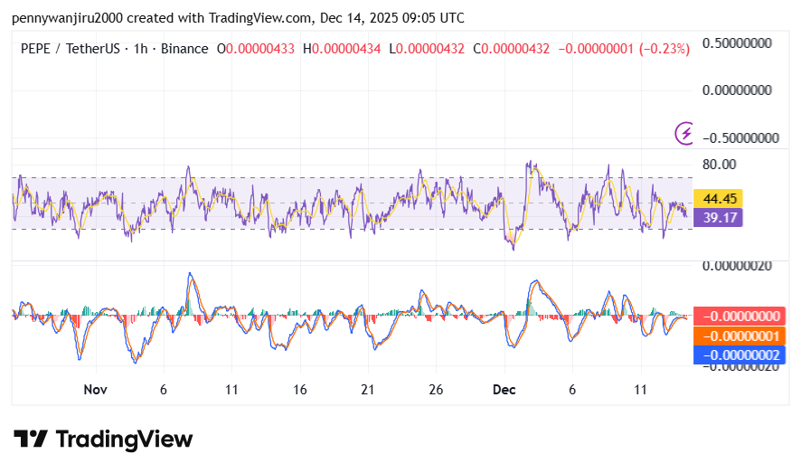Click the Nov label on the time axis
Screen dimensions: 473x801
[95, 389]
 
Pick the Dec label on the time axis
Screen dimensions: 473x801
[504, 389]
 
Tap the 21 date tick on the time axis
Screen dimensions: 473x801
[368, 389]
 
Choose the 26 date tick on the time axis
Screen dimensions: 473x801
[436, 389]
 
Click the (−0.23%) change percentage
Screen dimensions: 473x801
[664, 49]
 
